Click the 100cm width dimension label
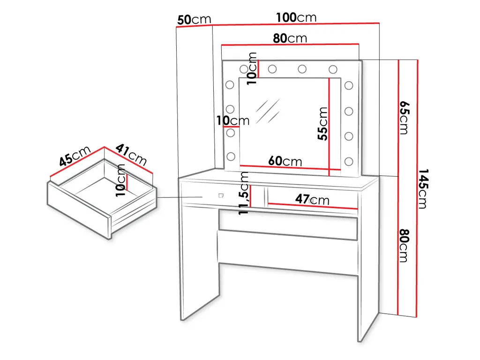click(x=296, y=17)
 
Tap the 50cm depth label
click(x=194, y=20)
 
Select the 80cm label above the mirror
click(x=290, y=38)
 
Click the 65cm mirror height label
click(x=405, y=118)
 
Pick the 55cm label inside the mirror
click(x=322, y=124)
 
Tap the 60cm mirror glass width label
click(x=285, y=161)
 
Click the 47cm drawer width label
click(x=312, y=200)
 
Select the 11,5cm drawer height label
click(x=244, y=193)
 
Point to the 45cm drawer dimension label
click(x=75, y=156)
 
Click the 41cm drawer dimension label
click(x=131, y=154)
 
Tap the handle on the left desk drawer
click(x=221, y=195)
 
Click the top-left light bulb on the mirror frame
click(x=244, y=69)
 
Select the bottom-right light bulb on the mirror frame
click(x=349, y=161)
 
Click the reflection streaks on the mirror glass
click(x=268, y=111)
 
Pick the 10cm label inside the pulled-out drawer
click(x=120, y=180)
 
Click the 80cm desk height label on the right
click(x=405, y=246)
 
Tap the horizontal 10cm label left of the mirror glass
click(x=233, y=120)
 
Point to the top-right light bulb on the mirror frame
click(x=333, y=69)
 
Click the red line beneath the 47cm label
click(x=313, y=206)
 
